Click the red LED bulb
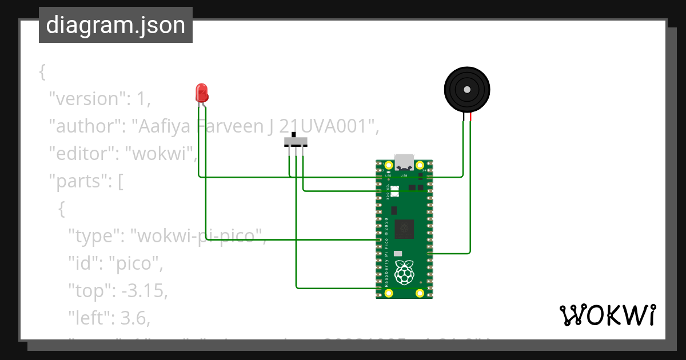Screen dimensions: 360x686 [201, 92]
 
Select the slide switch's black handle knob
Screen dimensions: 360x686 [294, 135]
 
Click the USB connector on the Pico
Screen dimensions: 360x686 [404, 162]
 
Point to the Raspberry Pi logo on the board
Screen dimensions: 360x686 [405, 273]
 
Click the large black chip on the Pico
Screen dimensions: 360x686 [405, 229]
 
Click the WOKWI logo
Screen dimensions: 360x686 [607, 315]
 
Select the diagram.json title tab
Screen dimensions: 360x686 [115, 25]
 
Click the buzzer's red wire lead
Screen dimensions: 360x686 [470, 118]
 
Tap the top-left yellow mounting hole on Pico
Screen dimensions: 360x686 [389, 166]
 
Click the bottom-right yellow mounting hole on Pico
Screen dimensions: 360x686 [420, 293]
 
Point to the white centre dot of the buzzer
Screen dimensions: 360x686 [467, 90]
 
